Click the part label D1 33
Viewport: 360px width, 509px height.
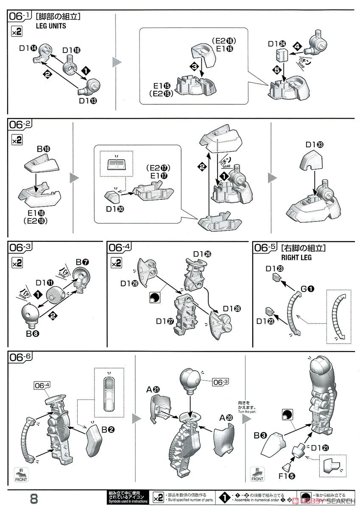[314, 145]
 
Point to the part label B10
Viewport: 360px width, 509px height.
[43, 149]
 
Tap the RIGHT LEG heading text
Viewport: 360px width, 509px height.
[296, 257]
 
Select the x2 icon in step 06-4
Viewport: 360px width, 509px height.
[116, 263]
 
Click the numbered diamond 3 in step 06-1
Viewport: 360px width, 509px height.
[194, 67]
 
